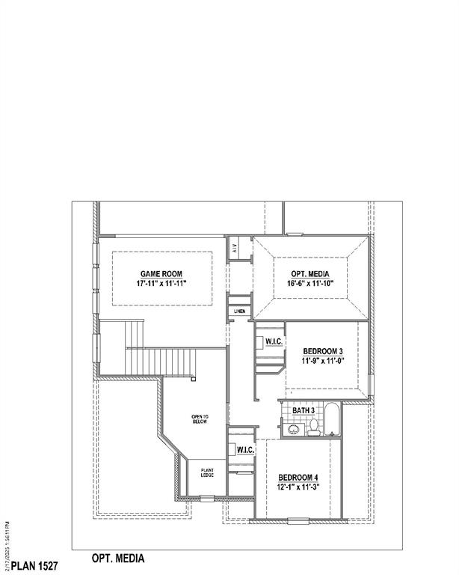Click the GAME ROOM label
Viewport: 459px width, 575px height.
click(161, 274)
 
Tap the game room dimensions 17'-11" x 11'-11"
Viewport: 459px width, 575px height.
click(161, 285)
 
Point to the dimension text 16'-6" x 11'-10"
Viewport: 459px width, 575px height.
click(309, 285)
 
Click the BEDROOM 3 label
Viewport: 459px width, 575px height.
click(323, 351)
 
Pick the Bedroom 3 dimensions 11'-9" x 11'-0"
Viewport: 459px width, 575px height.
click(323, 361)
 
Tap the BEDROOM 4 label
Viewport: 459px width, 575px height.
click(298, 478)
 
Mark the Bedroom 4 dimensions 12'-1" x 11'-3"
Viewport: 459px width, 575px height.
click(298, 487)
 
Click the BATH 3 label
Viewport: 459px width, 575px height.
click(303, 411)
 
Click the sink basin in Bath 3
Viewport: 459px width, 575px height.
click(293, 430)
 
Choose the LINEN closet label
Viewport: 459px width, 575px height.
click(239, 311)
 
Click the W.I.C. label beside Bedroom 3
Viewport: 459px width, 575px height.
click(273, 342)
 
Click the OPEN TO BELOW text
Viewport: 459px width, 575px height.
click(200, 419)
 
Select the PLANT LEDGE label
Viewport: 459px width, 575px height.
click(207, 472)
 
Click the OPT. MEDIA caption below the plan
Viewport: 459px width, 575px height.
click(118, 559)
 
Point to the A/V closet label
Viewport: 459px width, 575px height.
click(234, 248)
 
